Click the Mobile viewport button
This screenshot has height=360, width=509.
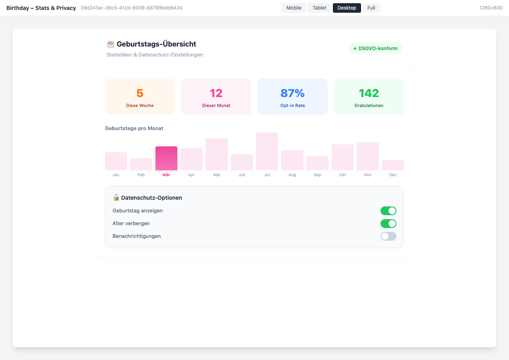294,8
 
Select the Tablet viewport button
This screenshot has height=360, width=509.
319,8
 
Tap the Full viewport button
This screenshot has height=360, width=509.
371,8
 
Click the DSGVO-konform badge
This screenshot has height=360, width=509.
376,49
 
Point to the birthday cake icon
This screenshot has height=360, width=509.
111,44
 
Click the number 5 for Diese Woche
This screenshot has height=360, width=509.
140,93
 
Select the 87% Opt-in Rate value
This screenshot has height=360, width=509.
292,93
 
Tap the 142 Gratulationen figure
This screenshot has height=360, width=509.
369,93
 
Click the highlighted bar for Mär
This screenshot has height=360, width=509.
166,158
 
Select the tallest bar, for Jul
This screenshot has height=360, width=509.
267,152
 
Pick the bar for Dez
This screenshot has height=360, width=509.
393,165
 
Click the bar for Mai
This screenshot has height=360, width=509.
217,154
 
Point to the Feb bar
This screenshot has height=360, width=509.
141,164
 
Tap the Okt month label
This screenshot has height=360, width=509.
343,175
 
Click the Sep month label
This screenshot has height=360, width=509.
317,175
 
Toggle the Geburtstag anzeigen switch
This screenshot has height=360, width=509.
389,211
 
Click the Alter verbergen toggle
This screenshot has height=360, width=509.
389,224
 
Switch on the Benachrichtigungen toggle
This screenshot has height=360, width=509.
389,236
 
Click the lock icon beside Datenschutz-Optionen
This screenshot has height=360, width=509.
116,198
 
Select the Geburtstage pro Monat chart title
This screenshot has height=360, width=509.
134,128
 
